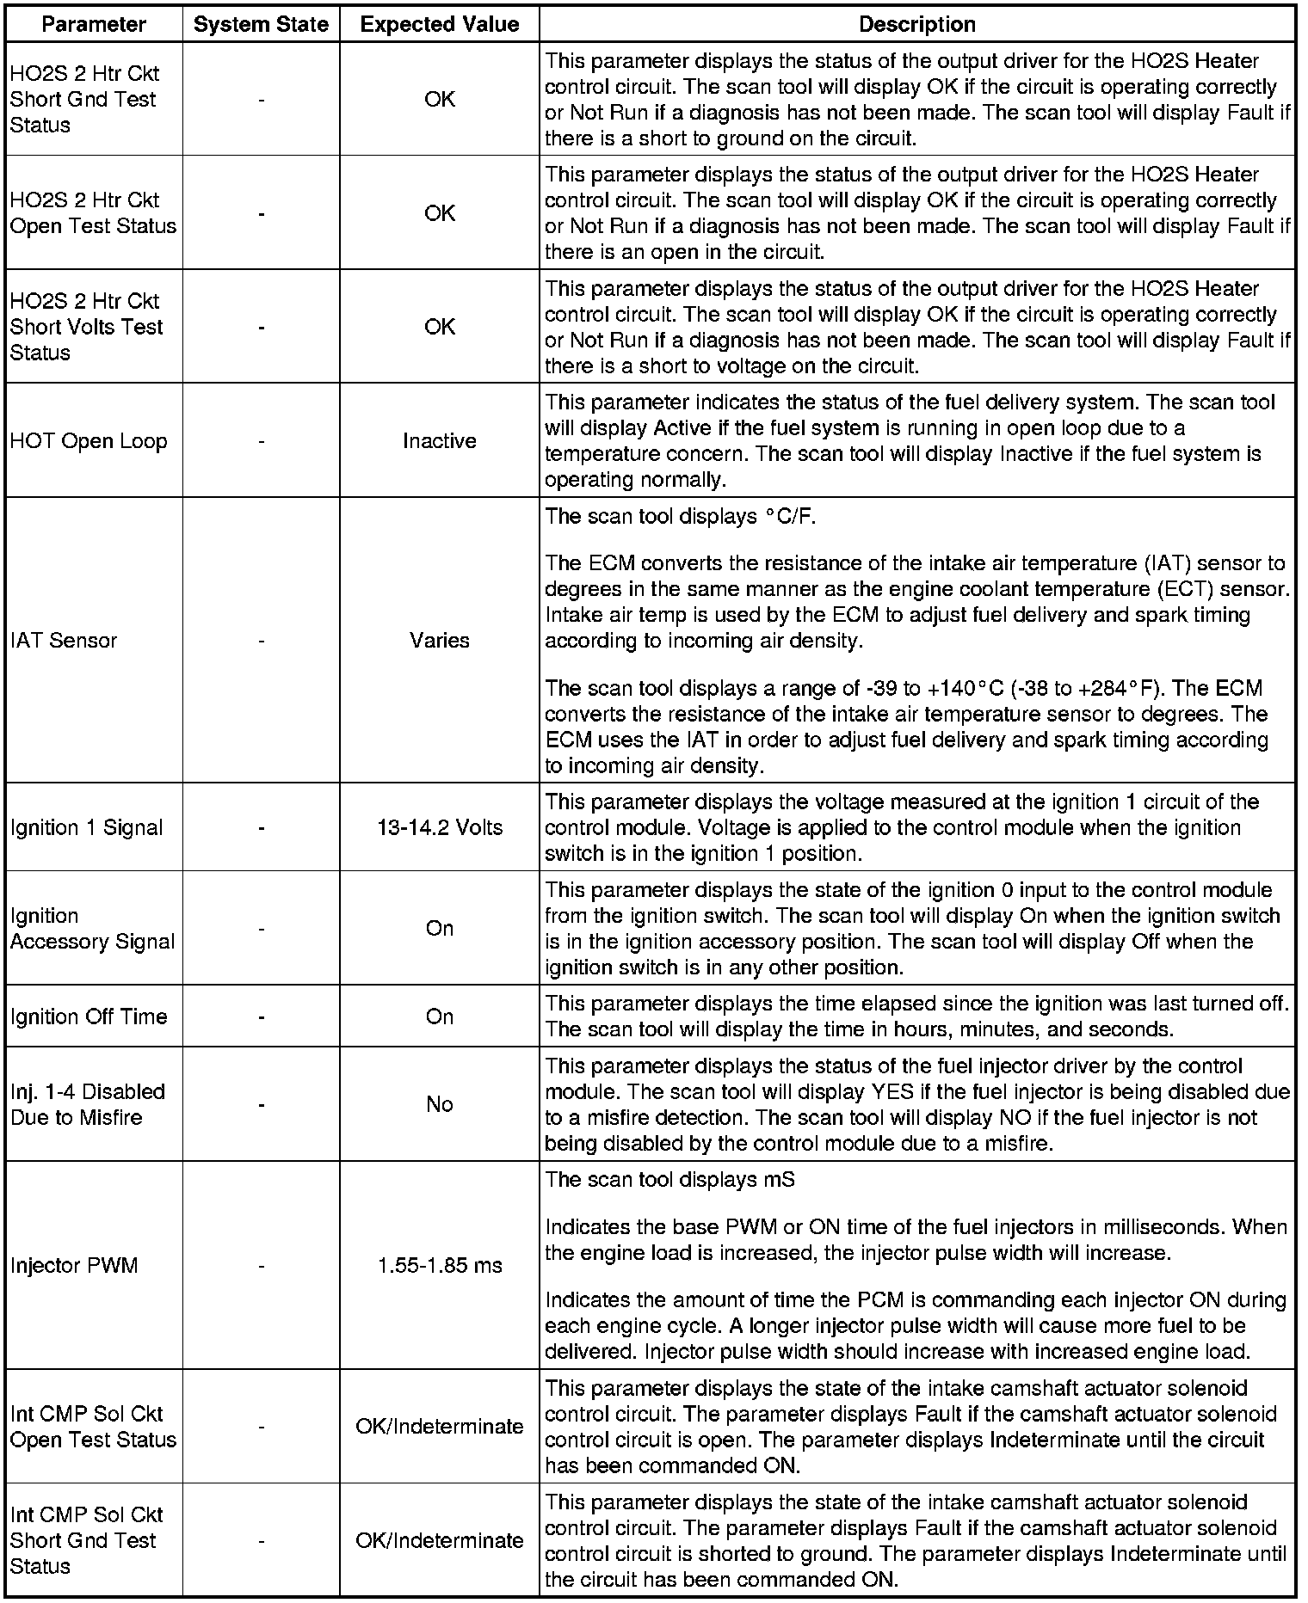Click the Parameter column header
click(94, 25)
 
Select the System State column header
click(261, 25)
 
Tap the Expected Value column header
click(439, 25)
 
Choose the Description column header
click(916, 25)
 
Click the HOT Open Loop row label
click(89, 441)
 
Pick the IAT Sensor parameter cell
click(64, 641)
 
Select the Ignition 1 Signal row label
click(87, 828)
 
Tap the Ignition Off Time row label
click(89, 1017)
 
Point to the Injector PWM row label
click(74, 1266)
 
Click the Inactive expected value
click(439, 441)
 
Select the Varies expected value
click(439, 641)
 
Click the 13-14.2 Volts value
click(439, 828)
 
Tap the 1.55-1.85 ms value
click(439, 1266)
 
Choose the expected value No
click(439, 1105)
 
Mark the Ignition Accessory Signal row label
click(92, 929)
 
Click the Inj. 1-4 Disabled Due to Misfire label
click(87, 1105)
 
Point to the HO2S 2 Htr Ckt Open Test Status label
click(93, 213)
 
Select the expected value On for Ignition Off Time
click(439, 1017)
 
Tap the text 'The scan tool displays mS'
click(669, 1180)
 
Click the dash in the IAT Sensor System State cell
click(261, 641)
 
